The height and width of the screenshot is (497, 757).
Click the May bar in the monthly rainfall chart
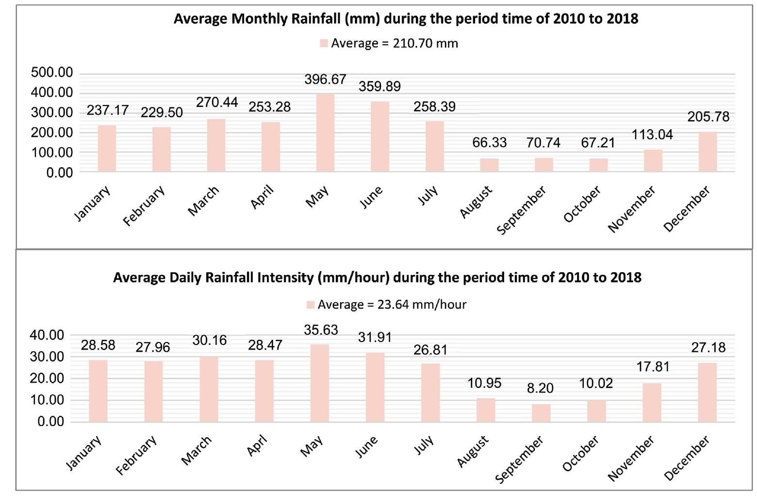(x=325, y=133)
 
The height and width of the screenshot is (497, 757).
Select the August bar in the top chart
(x=489, y=165)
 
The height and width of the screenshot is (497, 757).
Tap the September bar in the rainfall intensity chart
(x=541, y=412)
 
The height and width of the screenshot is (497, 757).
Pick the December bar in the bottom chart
(x=707, y=392)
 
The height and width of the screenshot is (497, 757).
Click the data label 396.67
(x=325, y=79)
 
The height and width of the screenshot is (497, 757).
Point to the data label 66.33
(x=489, y=142)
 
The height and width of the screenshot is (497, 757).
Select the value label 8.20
(x=540, y=388)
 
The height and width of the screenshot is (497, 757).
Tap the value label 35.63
(x=321, y=330)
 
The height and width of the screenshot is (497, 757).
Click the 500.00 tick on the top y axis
(x=52, y=73)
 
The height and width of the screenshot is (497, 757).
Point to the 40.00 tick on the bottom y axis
(x=47, y=335)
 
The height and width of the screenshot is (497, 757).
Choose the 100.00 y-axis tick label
(x=52, y=153)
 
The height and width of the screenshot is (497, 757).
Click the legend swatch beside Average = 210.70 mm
(x=324, y=43)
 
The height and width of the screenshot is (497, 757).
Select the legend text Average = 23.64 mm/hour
(x=392, y=305)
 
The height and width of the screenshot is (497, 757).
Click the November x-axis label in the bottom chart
(x=631, y=458)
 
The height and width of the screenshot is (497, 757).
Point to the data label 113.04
(x=652, y=135)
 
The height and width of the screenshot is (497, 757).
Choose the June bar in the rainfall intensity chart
(x=375, y=387)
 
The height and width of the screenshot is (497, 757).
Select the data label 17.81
(x=653, y=366)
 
